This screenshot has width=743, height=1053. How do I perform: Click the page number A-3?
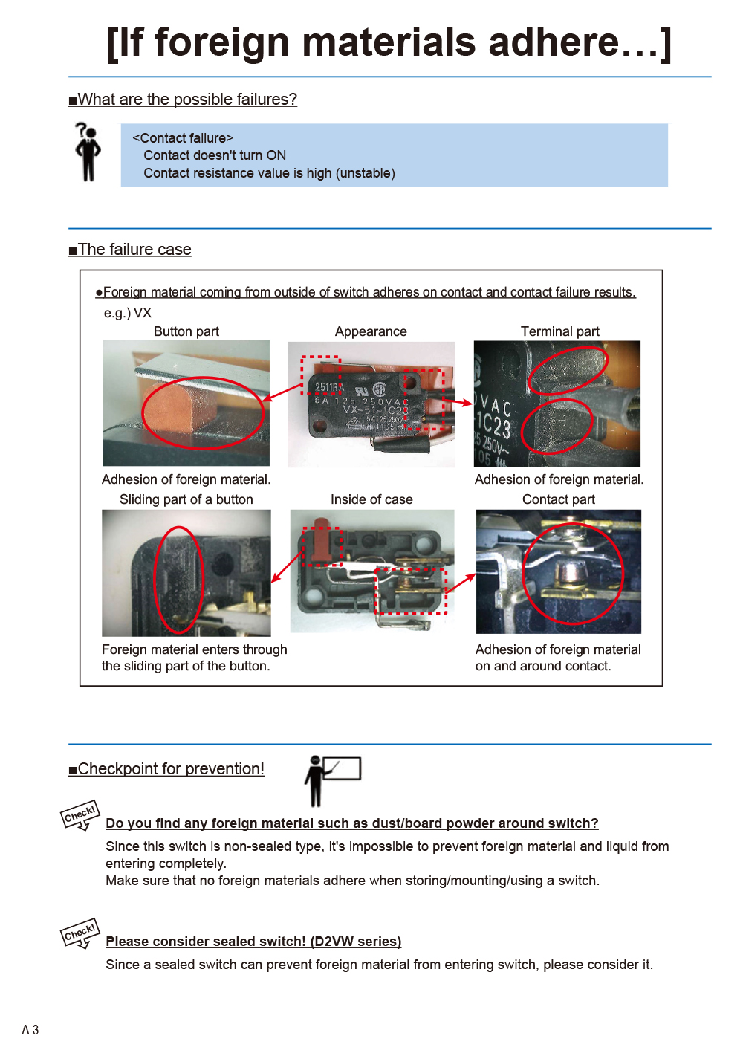coord(30,1030)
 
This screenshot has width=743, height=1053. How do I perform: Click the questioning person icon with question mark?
coord(88,152)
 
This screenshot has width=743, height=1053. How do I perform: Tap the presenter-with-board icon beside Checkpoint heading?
coord(331,780)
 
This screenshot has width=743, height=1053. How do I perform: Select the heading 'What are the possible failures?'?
coord(186,100)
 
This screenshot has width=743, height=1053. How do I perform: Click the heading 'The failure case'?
coord(134,250)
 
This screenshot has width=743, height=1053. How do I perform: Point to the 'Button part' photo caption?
coord(186,331)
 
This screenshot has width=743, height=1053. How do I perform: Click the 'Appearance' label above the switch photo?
coord(371,331)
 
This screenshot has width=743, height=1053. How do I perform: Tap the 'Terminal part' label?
coord(559,331)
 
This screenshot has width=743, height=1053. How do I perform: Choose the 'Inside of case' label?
coord(371,499)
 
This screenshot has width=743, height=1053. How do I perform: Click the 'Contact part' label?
coord(558,499)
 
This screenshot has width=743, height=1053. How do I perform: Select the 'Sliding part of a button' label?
coord(186,499)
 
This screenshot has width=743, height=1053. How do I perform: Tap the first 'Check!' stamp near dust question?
coord(80,815)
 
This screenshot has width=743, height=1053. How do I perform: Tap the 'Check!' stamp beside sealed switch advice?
coord(80,933)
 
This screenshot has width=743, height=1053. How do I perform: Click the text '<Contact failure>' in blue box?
coord(183,138)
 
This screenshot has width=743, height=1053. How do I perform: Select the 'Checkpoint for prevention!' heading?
coord(171,769)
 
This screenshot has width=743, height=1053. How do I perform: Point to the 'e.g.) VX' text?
coord(127,313)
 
